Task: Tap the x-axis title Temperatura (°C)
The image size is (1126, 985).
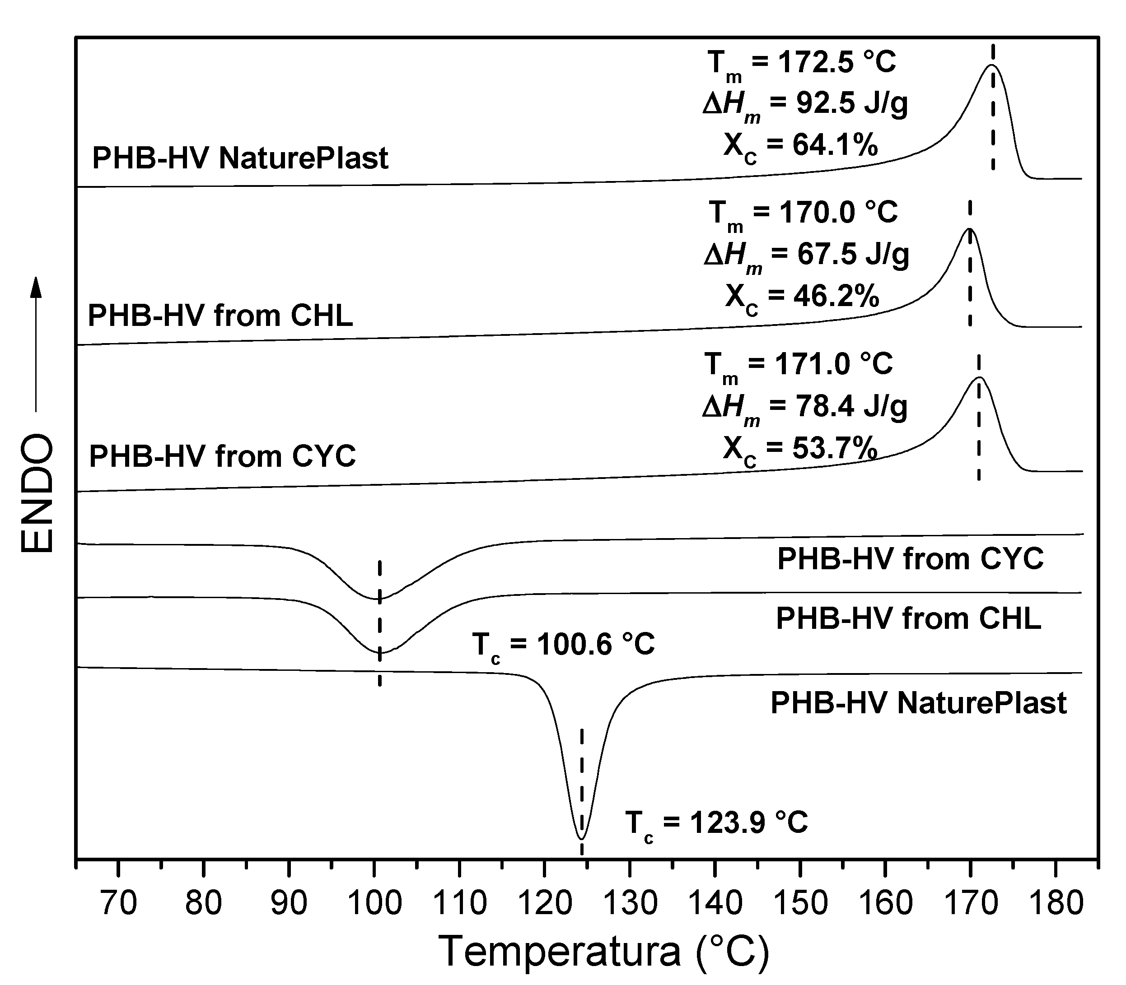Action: [x=605, y=952]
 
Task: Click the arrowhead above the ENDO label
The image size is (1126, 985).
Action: [x=36, y=288]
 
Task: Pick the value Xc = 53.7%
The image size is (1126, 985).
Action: [x=800, y=450]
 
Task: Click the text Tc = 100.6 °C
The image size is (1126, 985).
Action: [x=563, y=644]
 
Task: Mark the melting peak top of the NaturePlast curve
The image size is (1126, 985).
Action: [x=992, y=65]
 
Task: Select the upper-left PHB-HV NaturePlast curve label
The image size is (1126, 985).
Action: [x=240, y=158]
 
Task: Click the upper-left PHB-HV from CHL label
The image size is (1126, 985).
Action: [x=220, y=316]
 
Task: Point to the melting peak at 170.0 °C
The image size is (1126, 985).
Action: [x=969, y=229]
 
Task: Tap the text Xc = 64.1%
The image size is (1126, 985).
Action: [x=800, y=146]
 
